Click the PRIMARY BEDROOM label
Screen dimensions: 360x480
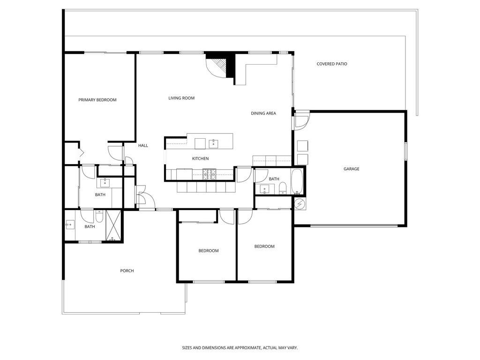(97, 100)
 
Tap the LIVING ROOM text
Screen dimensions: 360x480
(181, 98)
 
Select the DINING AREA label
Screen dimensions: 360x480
(263, 113)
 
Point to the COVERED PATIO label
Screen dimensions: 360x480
(332, 64)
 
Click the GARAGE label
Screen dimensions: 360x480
(351, 169)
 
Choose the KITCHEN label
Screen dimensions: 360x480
(200, 158)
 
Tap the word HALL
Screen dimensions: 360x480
(143, 145)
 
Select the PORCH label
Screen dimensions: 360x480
(127, 270)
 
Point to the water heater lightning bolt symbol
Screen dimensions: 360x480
(299, 204)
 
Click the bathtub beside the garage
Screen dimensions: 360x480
(298, 182)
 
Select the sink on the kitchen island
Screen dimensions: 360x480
(214, 142)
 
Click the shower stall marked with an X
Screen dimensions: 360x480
(113, 225)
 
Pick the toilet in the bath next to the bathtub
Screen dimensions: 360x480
(282, 188)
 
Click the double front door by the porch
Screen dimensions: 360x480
(141, 197)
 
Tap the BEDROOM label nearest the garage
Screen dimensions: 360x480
(264, 247)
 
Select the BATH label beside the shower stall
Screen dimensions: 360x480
(90, 227)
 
